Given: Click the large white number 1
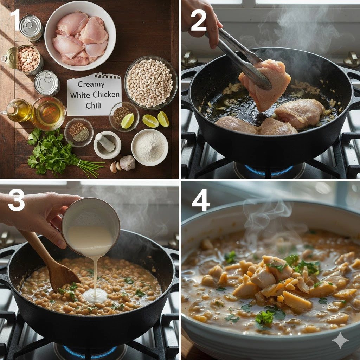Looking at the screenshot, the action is coord(15,20).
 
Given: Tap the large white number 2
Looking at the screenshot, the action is coord(199,21).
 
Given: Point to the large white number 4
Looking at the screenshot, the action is coord(201,200).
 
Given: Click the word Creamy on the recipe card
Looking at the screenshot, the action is coord(91,84).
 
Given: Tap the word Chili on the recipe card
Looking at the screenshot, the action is coord(93,105).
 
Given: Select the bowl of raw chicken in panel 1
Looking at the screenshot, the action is coord(80,36).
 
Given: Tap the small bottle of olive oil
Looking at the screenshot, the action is coord(17,111).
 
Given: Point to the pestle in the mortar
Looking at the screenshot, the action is coord(105,142).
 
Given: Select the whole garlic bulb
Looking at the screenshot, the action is coord(128,162).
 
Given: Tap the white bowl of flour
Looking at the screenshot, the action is coord(150,147).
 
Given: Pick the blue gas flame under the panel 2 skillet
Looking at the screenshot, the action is coord(269,171).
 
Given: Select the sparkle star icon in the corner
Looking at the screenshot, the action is coord(340,340).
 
